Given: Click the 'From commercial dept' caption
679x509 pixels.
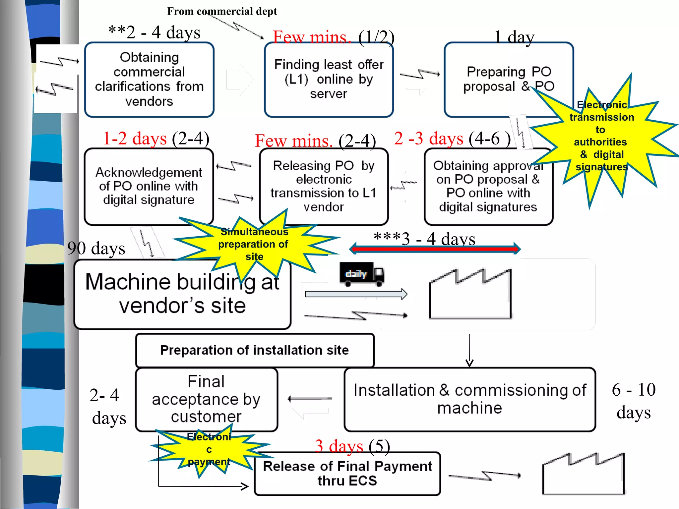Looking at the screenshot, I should (x=222, y=11).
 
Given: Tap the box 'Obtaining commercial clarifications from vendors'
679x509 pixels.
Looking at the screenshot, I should (x=149, y=80).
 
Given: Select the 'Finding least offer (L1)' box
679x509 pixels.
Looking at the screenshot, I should (x=329, y=80).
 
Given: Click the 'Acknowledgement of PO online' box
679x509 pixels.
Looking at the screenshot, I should (x=149, y=186).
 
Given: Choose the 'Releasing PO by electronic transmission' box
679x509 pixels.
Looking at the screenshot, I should (x=324, y=186).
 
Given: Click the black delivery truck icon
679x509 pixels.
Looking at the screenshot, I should (x=361, y=274).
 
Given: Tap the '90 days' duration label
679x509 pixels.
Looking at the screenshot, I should (x=96, y=248).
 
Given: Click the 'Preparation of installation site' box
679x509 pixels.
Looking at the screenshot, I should (x=255, y=350).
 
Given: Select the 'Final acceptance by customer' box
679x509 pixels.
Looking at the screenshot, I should (x=206, y=399).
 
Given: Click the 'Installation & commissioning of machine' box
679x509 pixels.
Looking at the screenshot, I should (x=469, y=399).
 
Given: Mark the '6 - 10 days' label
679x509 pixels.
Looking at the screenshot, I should (x=634, y=401).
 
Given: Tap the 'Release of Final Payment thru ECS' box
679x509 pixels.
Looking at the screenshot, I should (x=347, y=474).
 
